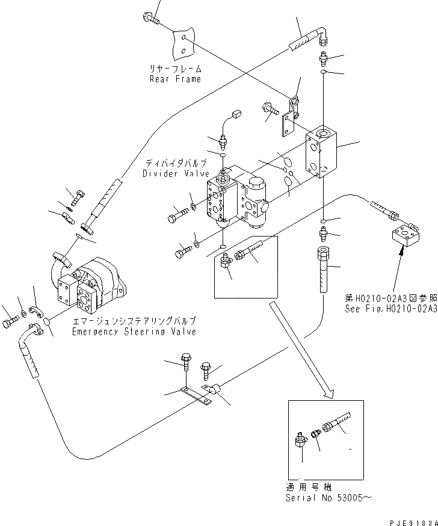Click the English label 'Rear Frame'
click(x=175, y=79)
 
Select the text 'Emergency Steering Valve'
click(x=134, y=332)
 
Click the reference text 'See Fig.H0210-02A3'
click(x=390, y=309)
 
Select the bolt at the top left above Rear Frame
click(x=151, y=19)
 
